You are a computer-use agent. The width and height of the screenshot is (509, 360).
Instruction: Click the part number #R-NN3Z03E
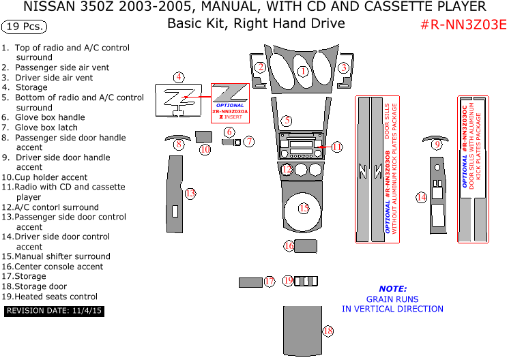tap(463, 25)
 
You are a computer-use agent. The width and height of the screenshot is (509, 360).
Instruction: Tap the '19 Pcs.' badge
tap(25, 27)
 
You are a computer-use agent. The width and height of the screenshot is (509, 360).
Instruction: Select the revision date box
tap(54, 311)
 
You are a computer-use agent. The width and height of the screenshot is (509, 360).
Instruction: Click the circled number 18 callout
tap(328, 331)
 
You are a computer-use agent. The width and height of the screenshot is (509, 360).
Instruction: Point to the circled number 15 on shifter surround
tap(304, 208)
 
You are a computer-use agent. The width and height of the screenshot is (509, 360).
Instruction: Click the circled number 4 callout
tap(178, 77)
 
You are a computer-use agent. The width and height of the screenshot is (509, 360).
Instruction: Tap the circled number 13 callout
tap(190, 194)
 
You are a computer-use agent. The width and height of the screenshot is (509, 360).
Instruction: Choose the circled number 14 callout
tap(422, 197)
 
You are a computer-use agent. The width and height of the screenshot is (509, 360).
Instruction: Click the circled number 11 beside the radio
tap(336, 147)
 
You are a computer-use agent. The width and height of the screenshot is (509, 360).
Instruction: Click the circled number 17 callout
tap(269, 282)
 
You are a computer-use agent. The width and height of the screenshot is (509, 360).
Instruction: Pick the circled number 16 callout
tap(289, 245)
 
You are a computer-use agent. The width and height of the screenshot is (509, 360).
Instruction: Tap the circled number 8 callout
tap(179, 145)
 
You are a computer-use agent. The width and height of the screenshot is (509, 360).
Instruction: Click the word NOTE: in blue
tap(392, 288)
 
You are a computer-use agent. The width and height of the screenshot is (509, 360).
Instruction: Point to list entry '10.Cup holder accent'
tap(44, 177)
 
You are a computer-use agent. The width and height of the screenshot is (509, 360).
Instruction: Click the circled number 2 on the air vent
tap(261, 67)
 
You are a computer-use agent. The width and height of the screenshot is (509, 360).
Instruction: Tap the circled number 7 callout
tap(249, 142)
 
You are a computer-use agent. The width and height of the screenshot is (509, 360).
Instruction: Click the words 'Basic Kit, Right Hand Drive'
tap(256, 24)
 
